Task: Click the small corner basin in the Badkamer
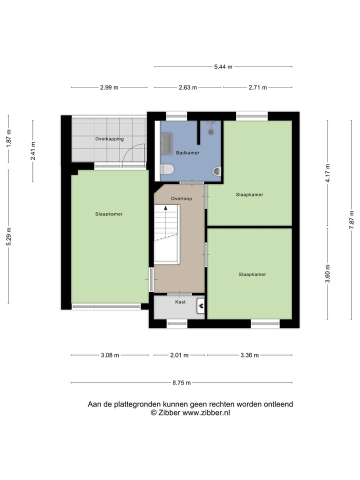(x=216, y=171)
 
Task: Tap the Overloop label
(x=181, y=198)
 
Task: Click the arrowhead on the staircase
(x=165, y=208)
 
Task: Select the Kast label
(x=180, y=302)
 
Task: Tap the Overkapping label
(x=109, y=139)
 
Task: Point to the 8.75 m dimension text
(x=181, y=383)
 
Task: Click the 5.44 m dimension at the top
(x=223, y=66)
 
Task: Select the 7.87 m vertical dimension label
(x=352, y=219)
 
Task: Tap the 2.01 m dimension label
(x=179, y=355)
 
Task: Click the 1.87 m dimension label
(x=8, y=138)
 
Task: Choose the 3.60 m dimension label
(x=327, y=273)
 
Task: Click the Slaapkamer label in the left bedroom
(x=109, y=214)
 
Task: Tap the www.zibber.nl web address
(x=206, y=413)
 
